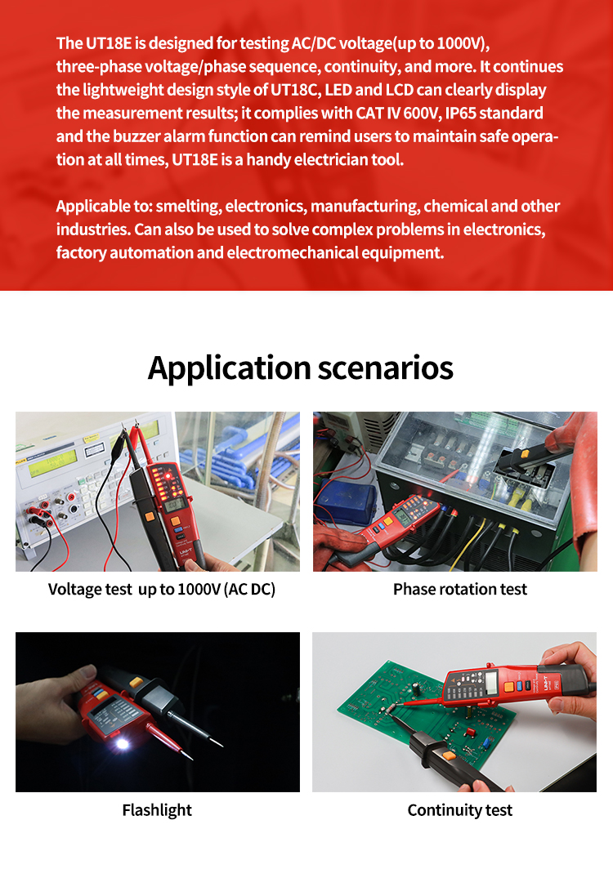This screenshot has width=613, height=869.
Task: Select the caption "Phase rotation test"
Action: tap(460, 590)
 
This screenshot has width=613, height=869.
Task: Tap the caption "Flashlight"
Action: tap(157, 810)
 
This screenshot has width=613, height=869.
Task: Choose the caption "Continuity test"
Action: tap(460, 810)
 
